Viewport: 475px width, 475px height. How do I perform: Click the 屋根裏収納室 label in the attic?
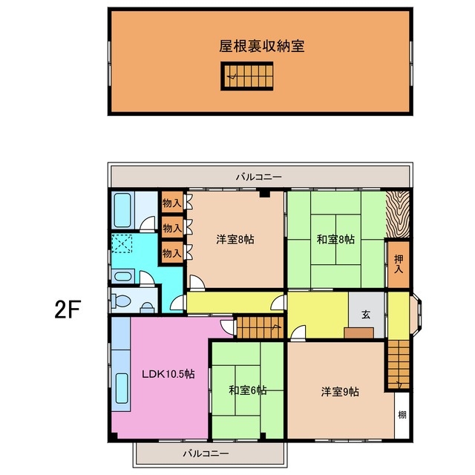pos(262,46)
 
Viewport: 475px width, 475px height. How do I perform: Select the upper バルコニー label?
pos(259,177)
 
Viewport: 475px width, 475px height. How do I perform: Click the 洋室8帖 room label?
pos(236,239)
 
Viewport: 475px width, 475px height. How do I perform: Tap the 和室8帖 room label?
pos(335,239)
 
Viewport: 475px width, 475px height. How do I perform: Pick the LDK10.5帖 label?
pos(168,375)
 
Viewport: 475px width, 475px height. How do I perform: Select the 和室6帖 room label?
pos(248,390)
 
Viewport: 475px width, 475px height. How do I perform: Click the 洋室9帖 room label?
pos(340,391)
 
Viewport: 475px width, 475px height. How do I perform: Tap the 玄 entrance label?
pos(366,315)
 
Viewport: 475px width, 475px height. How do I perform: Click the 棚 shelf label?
pos(402,415)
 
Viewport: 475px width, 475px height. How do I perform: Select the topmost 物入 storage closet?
pos(171,203)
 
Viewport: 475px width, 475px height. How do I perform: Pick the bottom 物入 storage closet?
pos(171,253)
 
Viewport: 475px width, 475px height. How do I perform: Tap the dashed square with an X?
pos(122,243)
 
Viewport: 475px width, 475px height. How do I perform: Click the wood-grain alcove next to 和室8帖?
pos(397,214)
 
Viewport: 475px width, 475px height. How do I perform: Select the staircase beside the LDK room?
pos(259,327)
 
